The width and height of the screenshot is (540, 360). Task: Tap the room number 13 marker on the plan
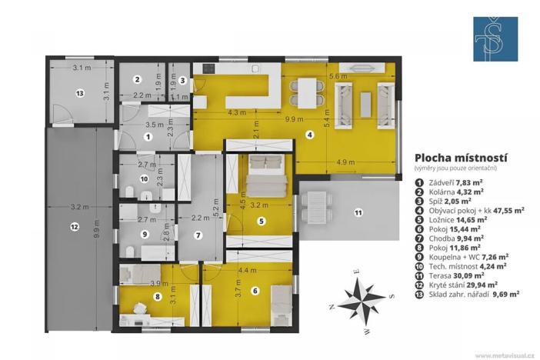pos(78,92)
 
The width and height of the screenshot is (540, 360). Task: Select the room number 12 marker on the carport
pos(74,226)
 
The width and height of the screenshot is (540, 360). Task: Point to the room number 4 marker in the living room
pos(310,135)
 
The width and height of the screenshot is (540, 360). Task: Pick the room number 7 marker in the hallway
pos(198,235)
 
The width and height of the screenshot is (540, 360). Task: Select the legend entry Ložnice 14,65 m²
pos(455,218)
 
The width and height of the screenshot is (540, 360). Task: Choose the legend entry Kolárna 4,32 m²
pos(455,191)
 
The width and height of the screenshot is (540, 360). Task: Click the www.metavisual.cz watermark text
pos(505,355)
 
